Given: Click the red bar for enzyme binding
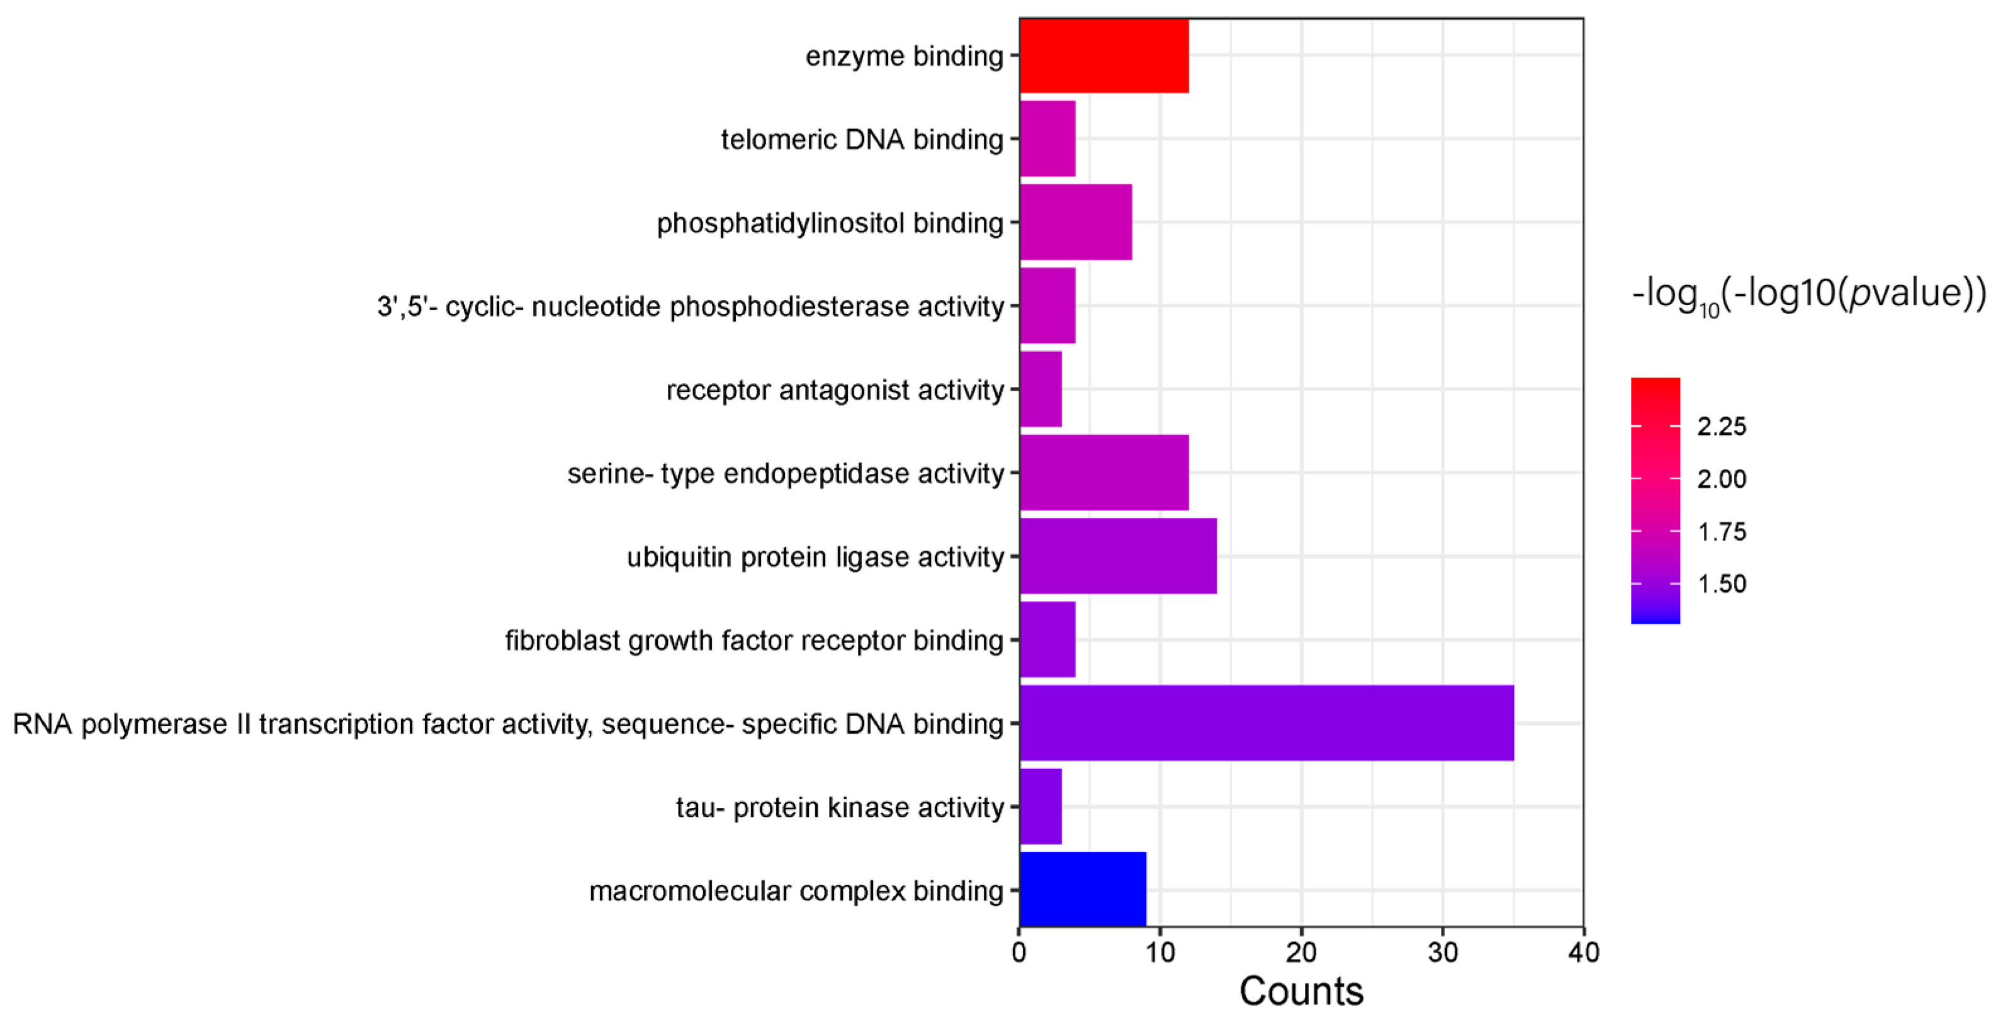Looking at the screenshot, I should pos(1103,56).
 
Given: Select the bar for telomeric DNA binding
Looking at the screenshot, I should pos(1047,138).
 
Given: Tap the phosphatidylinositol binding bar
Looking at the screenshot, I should pos(1076,222).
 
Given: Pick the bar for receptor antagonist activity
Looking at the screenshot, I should pos(1040,389).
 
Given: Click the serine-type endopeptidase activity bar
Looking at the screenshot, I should pos(1103,473).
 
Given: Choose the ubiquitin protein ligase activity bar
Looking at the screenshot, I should pos(1117,556).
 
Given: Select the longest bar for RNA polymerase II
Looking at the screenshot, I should pos(1266,723).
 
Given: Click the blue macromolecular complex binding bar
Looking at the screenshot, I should pos(1083,889).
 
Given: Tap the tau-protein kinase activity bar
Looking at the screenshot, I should pos(1040,807).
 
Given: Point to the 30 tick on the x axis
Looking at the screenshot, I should pos(1442,952).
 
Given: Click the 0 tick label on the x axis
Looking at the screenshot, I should pos(1019,952).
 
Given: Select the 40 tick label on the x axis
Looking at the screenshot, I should pos(1583,952).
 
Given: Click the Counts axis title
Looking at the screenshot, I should pos(1301,992).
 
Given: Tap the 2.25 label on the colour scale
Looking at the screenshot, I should pos(1721,426).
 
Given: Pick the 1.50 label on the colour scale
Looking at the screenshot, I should pos(1721,583).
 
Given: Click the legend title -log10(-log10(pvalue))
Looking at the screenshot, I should pos(1808,295).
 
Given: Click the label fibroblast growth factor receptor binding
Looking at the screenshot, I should pos(754,641).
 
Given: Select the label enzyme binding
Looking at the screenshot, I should pos(905,56).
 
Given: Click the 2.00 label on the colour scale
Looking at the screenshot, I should pos(1721,479).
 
